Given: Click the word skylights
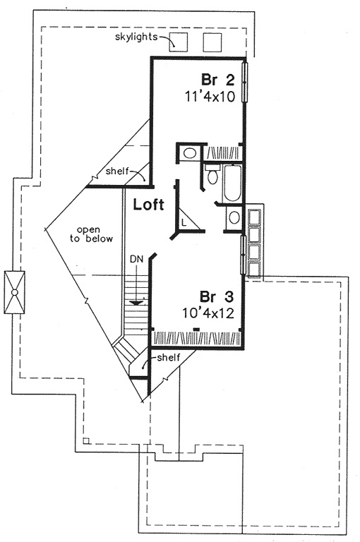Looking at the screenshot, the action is pyautogui.click(x=136, y=37).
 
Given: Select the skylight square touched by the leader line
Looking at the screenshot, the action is pyautogui.click(x=178, y=42).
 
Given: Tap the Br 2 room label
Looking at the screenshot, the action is pyautogui.click(x=218, y=80).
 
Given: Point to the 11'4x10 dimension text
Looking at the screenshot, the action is pyautogui.click(x=210, y=97).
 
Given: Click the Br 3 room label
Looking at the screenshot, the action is pyautogui.click(x=217, y=296).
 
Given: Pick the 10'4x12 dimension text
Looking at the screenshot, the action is pyautogui.click(x=208, y=313).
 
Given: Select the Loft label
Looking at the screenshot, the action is pyautogui.click(x=149, y=205).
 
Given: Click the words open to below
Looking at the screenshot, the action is pyautogui.click(x=91, y=234).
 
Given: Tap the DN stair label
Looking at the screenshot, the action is pyautogui.click(x=136, y=258).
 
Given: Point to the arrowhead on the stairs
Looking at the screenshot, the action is pyautogui.click(x=136, y=303).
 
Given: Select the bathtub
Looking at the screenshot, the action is pyautogui.click(x=232, y=183).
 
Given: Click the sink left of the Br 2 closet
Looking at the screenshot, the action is pyautogui.click(x=189, y=152).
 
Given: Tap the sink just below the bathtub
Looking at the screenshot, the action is pyautogui.click(x=234, y=217).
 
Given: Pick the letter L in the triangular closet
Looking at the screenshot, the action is pyautogui.click(x=184, y=222).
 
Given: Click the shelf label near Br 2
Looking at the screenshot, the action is pyautogui.click(x=117, y=171).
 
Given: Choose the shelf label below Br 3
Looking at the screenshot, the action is pyautogui.click(x=169, y=357).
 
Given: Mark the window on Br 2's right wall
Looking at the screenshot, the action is pyautogui.click(x=245, y=82).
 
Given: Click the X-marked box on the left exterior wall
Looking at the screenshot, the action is pyautogui.click(x=15, y=292).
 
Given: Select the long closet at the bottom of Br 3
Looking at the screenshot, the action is pyautogui.click(x=197, y=338).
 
